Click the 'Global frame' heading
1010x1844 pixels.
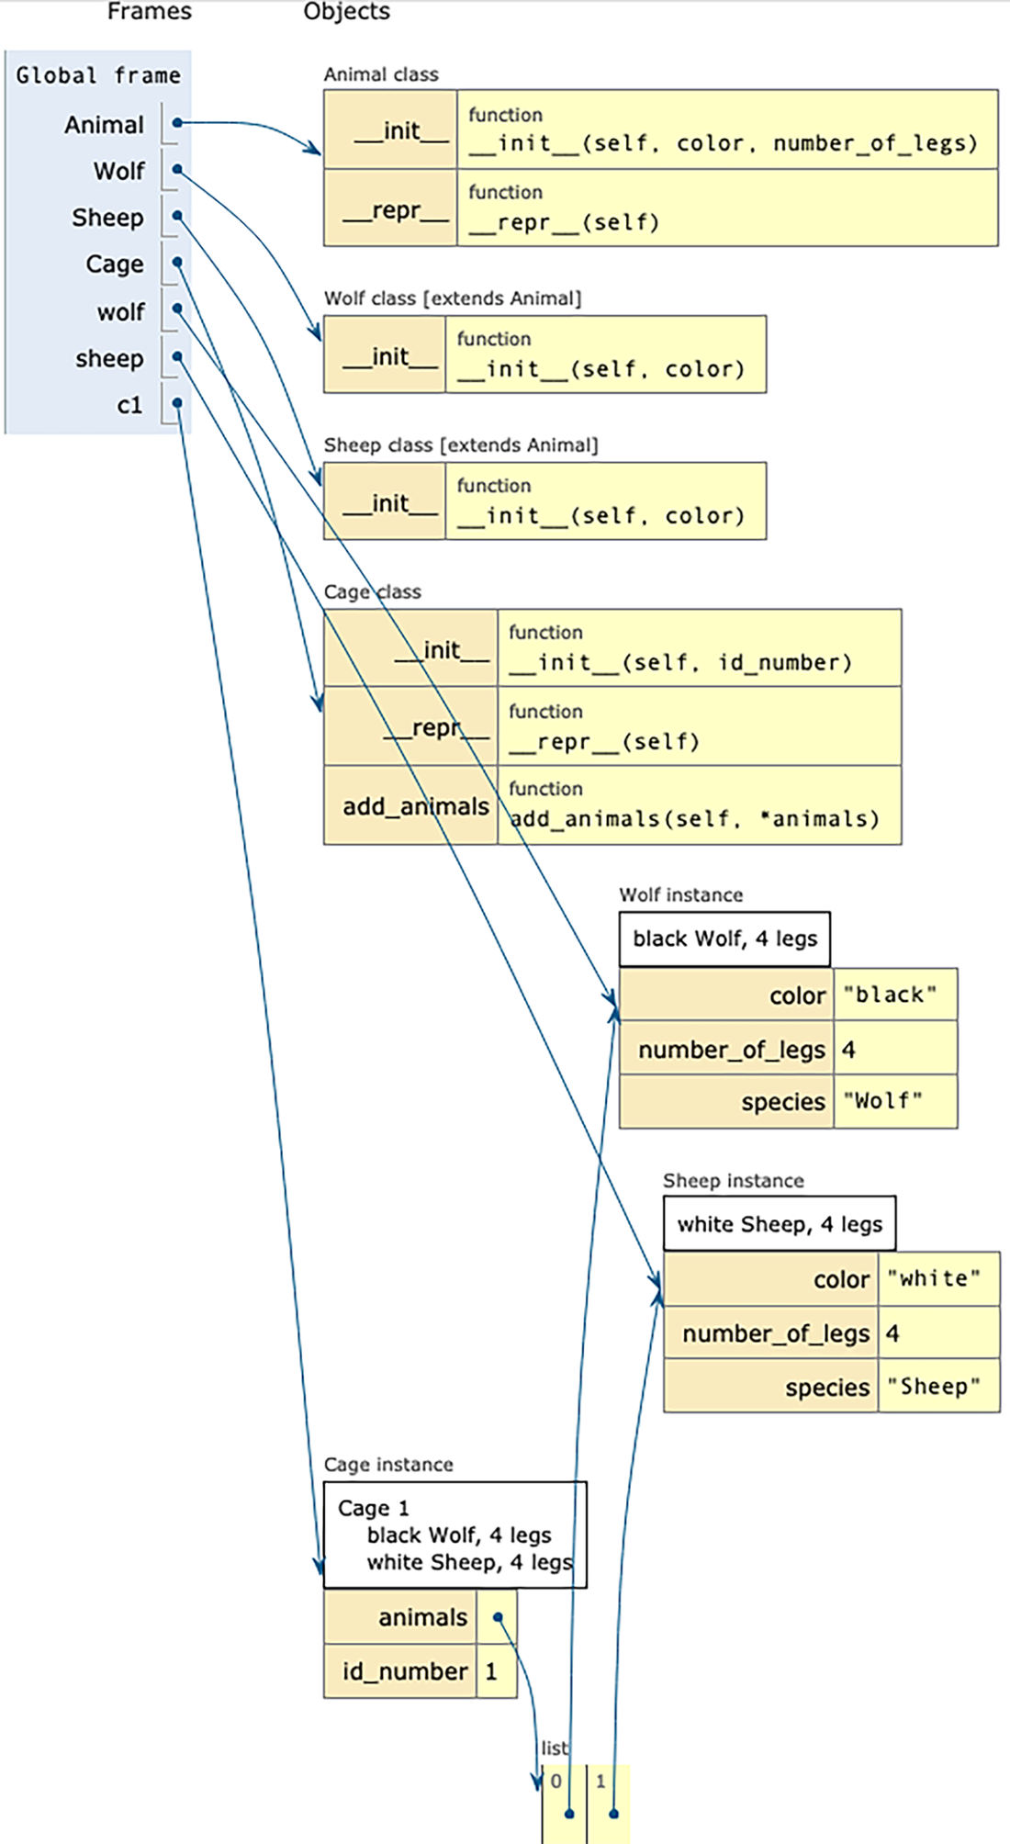[98, 75]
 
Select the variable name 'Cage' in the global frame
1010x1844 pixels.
[115, 264]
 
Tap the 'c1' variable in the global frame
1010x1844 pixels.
[129, 405]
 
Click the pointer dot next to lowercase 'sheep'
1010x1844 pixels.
[177, 356]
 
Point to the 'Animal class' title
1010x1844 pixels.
[381, 74]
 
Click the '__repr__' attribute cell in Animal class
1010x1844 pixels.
[390, 208]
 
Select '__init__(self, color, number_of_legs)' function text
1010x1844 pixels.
[723, 143]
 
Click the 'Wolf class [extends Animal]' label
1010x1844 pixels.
[453, 298]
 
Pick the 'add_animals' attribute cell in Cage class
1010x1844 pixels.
[410, 805]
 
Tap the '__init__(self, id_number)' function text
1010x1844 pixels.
[680, 662]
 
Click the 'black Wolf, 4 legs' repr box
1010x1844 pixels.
[724, 939]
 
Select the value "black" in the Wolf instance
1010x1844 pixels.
[890, 995]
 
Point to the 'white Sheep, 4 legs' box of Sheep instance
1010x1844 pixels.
[780, 1223]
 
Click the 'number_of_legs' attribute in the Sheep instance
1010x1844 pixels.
[776, 1333]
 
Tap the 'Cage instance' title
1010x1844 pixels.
[388, 1465]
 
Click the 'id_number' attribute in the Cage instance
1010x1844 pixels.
[405, 1671]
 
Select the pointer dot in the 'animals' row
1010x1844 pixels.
[498, 1617]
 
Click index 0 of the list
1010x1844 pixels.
[555, 1782]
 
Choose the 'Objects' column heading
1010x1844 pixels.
[347, 11]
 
